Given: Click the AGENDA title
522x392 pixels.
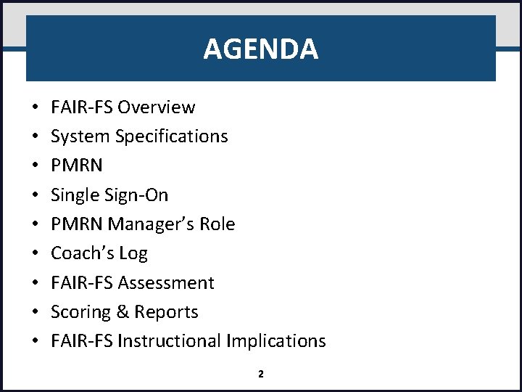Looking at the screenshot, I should pos(260,49).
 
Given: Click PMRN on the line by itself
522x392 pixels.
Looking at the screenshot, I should pos(77,166).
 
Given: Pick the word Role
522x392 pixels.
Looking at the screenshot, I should pos(217,224).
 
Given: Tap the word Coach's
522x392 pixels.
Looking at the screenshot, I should pos(80,253).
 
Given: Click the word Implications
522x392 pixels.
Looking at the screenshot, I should pos(276,341).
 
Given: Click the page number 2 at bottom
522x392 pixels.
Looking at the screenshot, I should pos(261,375).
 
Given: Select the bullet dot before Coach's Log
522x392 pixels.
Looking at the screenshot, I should pos(36,253).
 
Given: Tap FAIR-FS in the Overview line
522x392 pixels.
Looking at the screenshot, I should pos(82,107).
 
